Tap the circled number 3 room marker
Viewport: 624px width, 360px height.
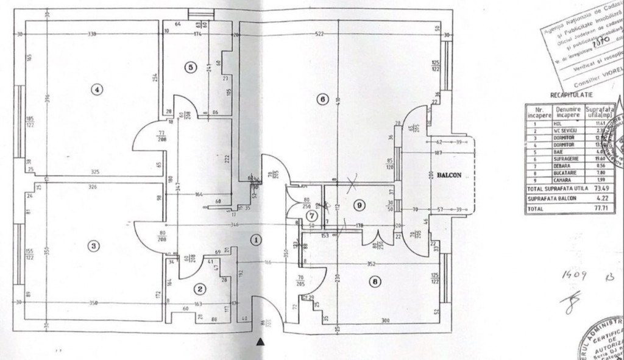coord(93,246)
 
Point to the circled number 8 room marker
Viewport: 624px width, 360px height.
coord(374,281)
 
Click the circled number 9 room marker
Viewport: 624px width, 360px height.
coord(360,206)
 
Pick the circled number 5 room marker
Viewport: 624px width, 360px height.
coord(191,67)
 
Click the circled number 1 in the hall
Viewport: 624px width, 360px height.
coord(257,240)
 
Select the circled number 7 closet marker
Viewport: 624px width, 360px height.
coord(311,215)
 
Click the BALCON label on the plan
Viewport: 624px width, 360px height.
coord(450,174)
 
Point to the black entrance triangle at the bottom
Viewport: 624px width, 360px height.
coord(261,343)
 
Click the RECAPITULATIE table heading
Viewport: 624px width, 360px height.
coord(567,96)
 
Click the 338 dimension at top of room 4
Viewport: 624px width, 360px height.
coord(93,34)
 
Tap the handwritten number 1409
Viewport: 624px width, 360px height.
coord(575,276)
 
